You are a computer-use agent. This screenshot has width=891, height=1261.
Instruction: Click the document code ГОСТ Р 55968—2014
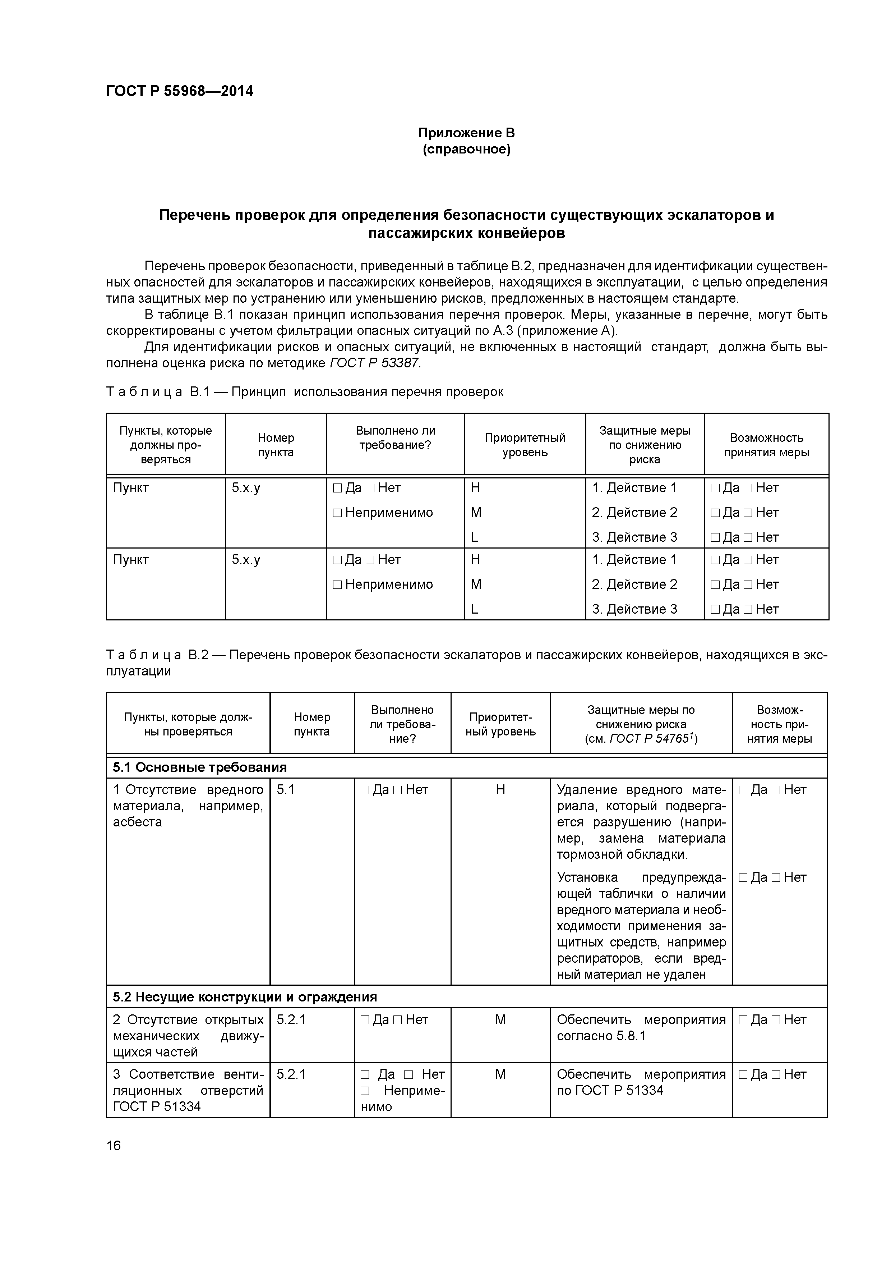click(x=180, y=91)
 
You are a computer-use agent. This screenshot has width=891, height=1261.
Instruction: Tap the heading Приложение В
click(x=466, y=133)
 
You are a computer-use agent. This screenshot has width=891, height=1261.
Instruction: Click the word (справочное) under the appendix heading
click(x=466, y=150)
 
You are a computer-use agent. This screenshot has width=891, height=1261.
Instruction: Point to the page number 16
click(x=114, y=1146)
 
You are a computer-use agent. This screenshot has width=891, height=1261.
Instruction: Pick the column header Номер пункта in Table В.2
click(x=312, y=724)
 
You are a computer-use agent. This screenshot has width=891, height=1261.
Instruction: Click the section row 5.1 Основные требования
click(x=200, y=767)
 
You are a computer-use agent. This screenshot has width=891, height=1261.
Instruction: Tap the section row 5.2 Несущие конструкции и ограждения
click(x=245, y=997)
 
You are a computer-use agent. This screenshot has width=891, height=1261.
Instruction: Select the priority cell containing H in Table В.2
click(x=500, y=790)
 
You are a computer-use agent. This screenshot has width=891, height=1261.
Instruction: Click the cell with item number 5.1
click(x=286, y=790)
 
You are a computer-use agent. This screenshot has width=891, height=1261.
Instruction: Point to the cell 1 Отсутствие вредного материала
click(x=188, y=805)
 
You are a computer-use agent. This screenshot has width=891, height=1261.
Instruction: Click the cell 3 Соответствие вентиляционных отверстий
click(x=188, y=1090)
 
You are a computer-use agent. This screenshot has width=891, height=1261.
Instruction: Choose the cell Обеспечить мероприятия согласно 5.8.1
click(x=641, y=1028)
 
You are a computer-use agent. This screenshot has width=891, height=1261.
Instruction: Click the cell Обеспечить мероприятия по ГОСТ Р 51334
click(x=641, y=1082)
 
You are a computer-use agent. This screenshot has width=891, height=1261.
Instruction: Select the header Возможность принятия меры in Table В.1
click(x=766, y=445)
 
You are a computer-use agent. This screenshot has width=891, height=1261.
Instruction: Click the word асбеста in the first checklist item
click(x=137, y=822)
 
